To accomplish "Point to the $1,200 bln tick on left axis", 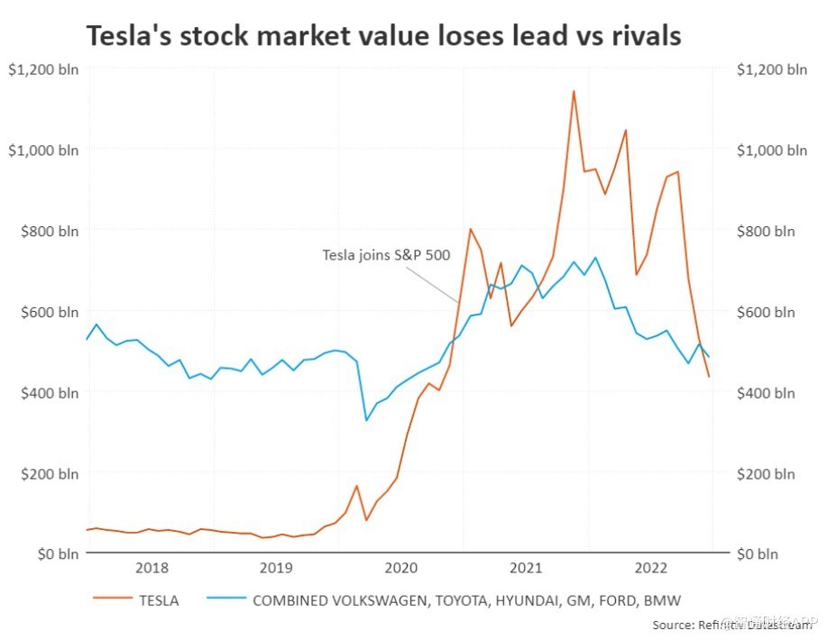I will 43,69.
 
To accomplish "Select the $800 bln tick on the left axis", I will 49,231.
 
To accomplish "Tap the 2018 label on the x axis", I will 151,568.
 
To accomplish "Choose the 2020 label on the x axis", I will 400,568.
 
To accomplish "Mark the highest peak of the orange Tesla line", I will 574,90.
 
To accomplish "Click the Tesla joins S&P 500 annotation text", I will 386,255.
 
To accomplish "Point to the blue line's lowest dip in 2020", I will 366,420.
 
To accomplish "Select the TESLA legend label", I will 159,600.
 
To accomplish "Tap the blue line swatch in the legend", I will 225,600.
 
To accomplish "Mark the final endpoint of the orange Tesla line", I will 709,376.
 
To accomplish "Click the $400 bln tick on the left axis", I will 49,392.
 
